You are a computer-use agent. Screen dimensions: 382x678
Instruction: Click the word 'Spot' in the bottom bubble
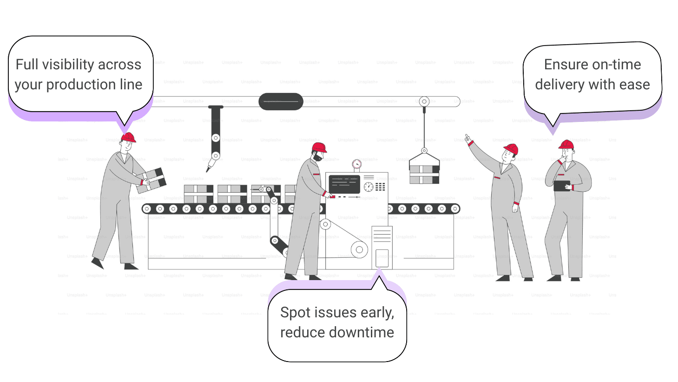[x=295, y=313]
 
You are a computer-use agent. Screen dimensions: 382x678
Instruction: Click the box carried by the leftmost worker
[x=152, y=180]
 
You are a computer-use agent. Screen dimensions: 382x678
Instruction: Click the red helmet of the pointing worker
[x=511, y=149]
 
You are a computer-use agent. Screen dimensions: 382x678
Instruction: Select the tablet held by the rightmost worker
[x=562, y=186]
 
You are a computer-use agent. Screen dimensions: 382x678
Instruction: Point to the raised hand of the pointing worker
[x=468, y=139]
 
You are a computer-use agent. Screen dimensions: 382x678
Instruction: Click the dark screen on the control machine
[x=344, y=184]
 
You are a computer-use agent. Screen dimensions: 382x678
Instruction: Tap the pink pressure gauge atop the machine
[x=356, y=164]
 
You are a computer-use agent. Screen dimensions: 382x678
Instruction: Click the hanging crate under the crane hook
[x=424, y=174]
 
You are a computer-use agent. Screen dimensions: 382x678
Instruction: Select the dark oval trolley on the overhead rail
[x=281, y=101]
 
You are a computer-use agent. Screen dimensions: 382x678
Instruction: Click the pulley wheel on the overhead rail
[x=424, y=101]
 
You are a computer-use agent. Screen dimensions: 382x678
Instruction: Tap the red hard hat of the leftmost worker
[x=128, y=138]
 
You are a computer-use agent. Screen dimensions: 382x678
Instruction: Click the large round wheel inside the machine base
[x=359, y=250]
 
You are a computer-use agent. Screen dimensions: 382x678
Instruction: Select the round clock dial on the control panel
[x=369, y=187]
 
